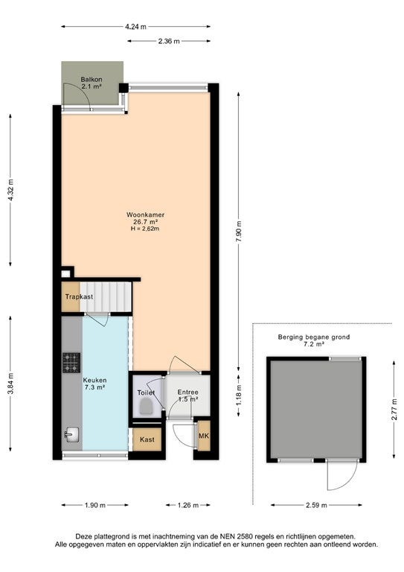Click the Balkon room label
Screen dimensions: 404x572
(x=92, y=80)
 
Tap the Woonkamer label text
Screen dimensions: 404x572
(x=145, y=214)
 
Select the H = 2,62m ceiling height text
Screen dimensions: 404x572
(x=145, y=229)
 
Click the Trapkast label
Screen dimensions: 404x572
(x=79, y=296)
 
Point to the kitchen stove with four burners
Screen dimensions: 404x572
(x=71, y=363)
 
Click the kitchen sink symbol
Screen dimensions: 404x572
(x=71, y=434)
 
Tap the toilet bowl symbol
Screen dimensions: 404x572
(x=146, y=406)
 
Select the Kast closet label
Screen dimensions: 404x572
(x=147, y=439)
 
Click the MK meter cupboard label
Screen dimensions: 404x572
(x=203, y=436)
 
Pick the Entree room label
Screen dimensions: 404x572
(x=188, y=393)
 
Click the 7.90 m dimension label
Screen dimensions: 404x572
(x=239, y=232)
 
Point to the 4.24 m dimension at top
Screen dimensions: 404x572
(x=135, y=27)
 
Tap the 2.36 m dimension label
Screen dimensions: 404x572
(x=169, y=41)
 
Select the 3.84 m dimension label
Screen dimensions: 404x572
(x=10, y=384)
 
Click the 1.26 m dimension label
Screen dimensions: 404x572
(x=188, y=505)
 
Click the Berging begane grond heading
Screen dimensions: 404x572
(x=314, y=337)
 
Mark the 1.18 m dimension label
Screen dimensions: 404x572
(x=239, y=395)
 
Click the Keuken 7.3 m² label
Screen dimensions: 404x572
(x=94, y=384)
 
